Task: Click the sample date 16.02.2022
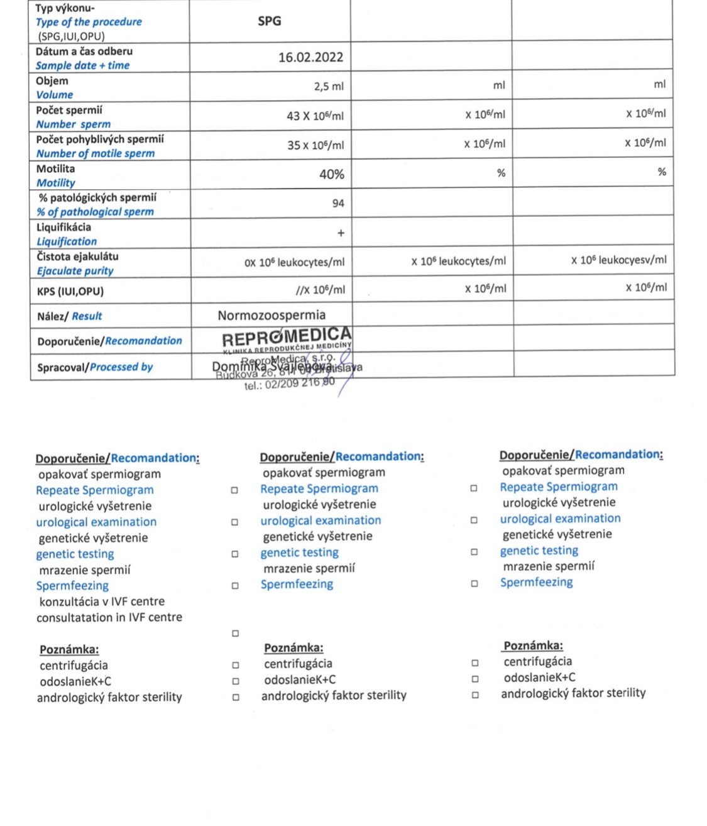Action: [310, 57]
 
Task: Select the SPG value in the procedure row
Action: [269, 21]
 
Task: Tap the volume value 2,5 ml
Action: [329, 86]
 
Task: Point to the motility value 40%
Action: [331, 174]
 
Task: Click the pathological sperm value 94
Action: [338, 203]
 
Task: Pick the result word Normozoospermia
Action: [271, 315]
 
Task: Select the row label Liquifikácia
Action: [63, 227]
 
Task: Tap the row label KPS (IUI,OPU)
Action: [70, 291]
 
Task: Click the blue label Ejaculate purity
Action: [75, 271]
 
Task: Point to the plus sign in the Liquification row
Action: [341, 233]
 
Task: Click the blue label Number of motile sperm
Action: [95, 153]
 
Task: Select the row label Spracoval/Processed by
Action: [95, 366]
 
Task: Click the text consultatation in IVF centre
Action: [109, 617]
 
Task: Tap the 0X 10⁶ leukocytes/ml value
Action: [294, 262]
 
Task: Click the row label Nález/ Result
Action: [69, 316]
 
